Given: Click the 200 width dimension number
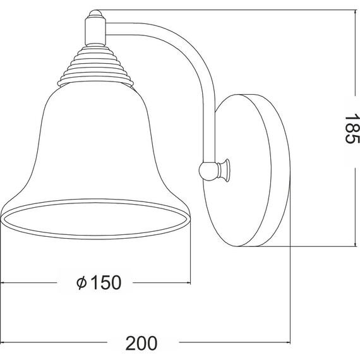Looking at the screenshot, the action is (x=141, y=343).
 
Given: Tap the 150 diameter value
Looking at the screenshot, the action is (x=106, y=282).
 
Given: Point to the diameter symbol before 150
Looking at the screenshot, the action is (x=81, y=283).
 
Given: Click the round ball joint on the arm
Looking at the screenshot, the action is (x=208, y=171).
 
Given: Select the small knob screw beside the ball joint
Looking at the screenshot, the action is (x=224, y=170).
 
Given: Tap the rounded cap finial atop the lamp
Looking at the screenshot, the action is (x=95, y=14).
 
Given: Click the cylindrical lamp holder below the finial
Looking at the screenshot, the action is (x=95, y=32).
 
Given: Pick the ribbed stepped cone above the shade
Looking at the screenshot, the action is (x=95, y=66).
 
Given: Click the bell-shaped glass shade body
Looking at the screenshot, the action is (x=95, y=142).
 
